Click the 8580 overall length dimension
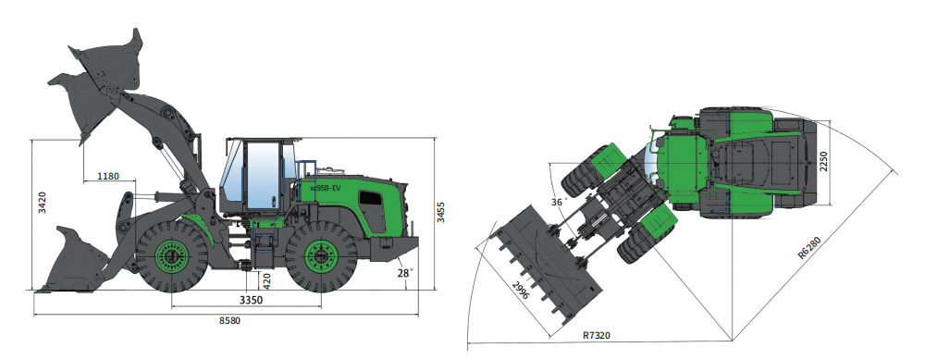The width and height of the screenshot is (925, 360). point(230,320)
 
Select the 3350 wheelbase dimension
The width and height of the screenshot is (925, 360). point(251,300)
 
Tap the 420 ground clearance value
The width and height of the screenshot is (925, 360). point(267,280)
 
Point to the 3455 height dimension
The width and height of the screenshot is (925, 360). point(440,213)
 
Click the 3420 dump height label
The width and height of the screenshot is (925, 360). point(43,203)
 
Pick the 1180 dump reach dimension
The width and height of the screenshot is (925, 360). point(108,176)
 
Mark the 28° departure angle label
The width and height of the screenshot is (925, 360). point(406,273)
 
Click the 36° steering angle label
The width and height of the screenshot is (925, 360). point(558,202)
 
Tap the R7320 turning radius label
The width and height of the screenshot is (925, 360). point(597,335)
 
